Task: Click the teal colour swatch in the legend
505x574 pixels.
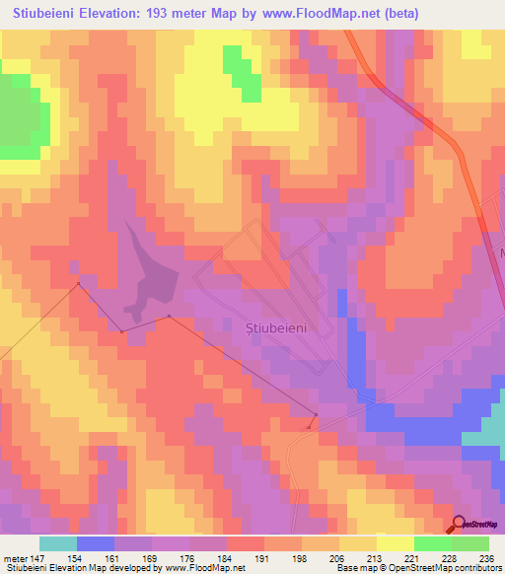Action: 58,543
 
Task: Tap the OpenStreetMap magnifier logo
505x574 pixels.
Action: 460,524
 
